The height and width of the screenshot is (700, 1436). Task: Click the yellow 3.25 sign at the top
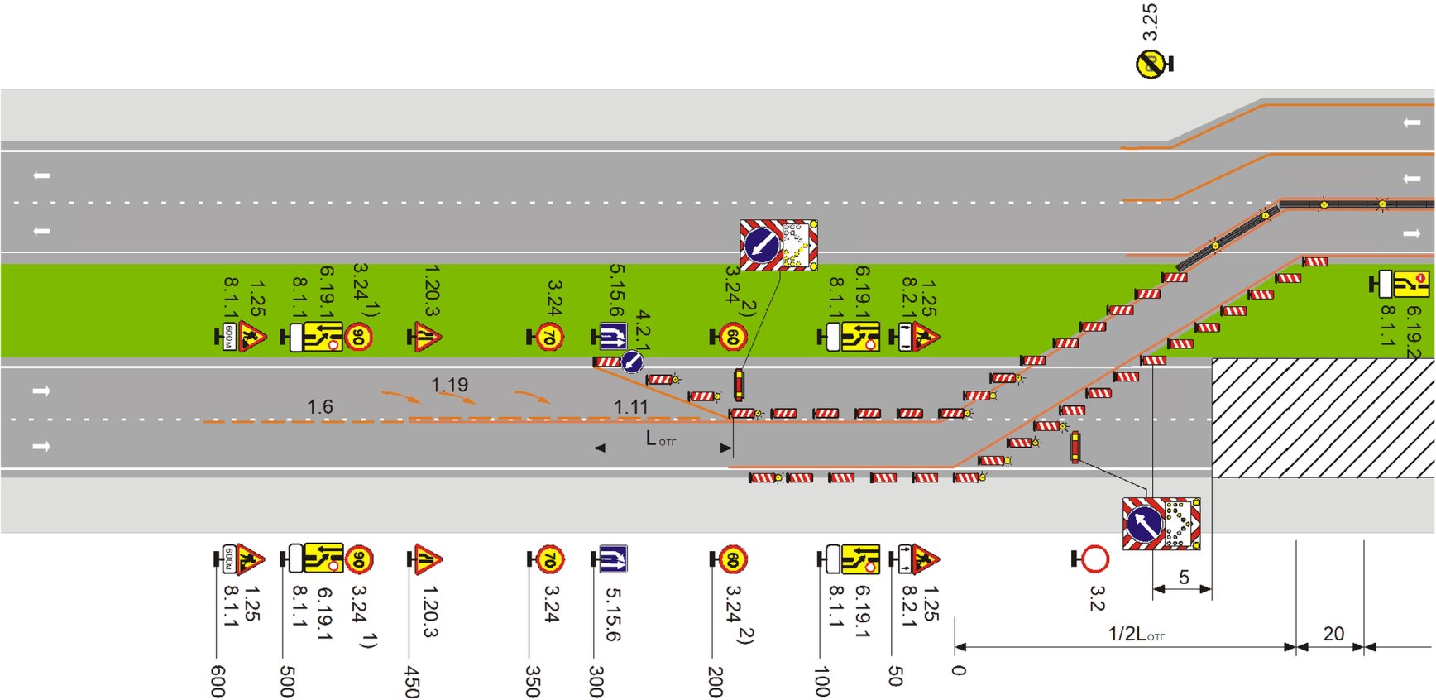click(1150, 65)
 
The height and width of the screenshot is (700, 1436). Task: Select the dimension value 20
click(1333, 634)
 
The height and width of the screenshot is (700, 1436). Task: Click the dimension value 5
click(1184, 578)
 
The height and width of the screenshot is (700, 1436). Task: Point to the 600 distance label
click(218, 681)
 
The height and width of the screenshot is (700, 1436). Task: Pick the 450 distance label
click(411, 681)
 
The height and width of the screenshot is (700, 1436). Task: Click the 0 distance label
click(958, 669)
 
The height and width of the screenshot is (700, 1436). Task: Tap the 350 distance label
click(533, 681)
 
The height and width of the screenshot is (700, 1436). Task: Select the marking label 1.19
click(449, 385)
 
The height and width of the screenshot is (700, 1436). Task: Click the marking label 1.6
click(320, 406)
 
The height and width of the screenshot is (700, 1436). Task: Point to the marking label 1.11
click(631, 406)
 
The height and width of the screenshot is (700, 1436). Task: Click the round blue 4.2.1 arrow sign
click(632, 362)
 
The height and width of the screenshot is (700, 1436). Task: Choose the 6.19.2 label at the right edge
click(1414, 331)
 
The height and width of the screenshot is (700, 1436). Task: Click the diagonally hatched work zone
click(1322, 418)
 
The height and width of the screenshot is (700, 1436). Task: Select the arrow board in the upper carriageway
click(778, 245)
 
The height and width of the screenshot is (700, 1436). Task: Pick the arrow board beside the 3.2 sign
click(1161, 524)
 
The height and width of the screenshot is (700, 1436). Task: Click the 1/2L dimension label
click(1137, 634)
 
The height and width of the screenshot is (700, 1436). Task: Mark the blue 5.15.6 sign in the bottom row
click(613, 560)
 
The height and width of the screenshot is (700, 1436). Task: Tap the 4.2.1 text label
click(643, 329)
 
